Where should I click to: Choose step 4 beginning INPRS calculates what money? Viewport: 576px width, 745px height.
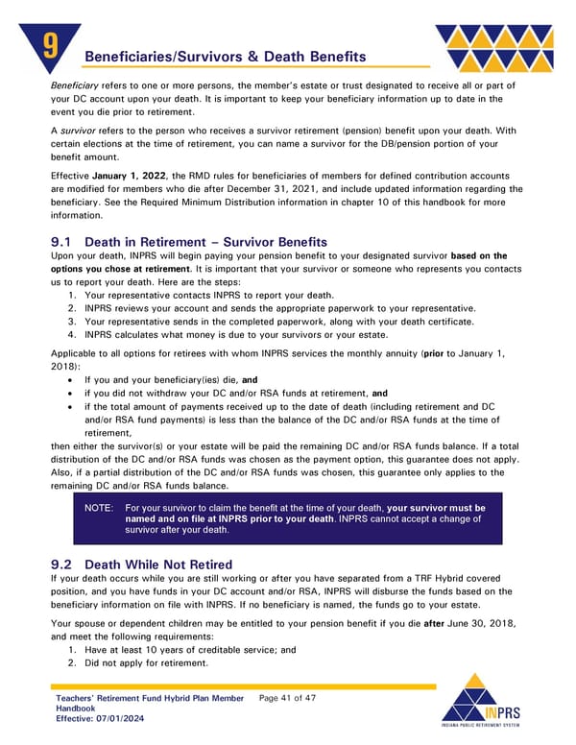point(236,334)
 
